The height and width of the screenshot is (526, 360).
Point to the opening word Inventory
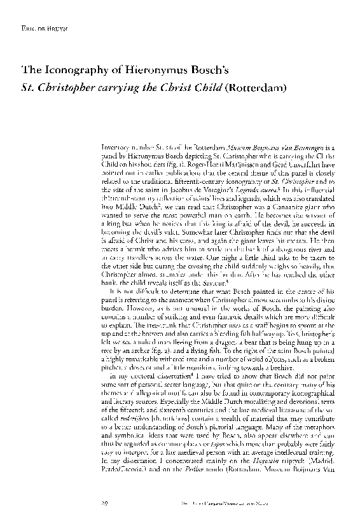click(117, 146)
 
